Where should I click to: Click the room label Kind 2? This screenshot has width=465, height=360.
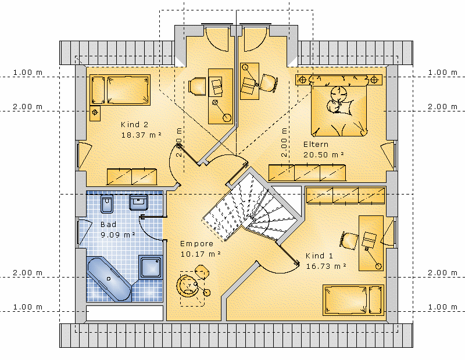tap(134, 124)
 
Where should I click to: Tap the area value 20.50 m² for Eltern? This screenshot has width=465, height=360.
tap(324, 154)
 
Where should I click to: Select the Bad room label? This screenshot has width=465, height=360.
tap(108, 224)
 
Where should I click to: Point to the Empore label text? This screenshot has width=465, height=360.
tap(196, 243)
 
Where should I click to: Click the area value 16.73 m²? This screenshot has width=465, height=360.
tap(326, 266)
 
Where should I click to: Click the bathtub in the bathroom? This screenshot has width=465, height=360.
tap(109, 279)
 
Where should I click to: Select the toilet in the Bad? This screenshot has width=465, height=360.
tap(107, 204)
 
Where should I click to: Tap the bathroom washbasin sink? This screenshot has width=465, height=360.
tap(138, 203)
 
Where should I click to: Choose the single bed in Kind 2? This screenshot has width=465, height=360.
tap(120, 90)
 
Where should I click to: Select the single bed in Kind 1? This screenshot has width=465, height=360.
tap(353, 300)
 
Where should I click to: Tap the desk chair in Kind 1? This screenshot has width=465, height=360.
tap(349, 240)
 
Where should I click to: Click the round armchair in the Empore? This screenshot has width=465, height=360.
tap(186, 285)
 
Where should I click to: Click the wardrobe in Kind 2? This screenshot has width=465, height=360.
tap(132, 177)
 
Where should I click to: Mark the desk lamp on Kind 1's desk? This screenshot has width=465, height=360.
tap(373, 258)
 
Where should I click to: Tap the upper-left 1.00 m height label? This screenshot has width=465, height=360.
tap(28, 73)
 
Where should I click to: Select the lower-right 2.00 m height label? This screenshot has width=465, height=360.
tap(442, 272)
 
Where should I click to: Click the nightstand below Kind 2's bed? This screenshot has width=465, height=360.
tap(95, 113)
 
